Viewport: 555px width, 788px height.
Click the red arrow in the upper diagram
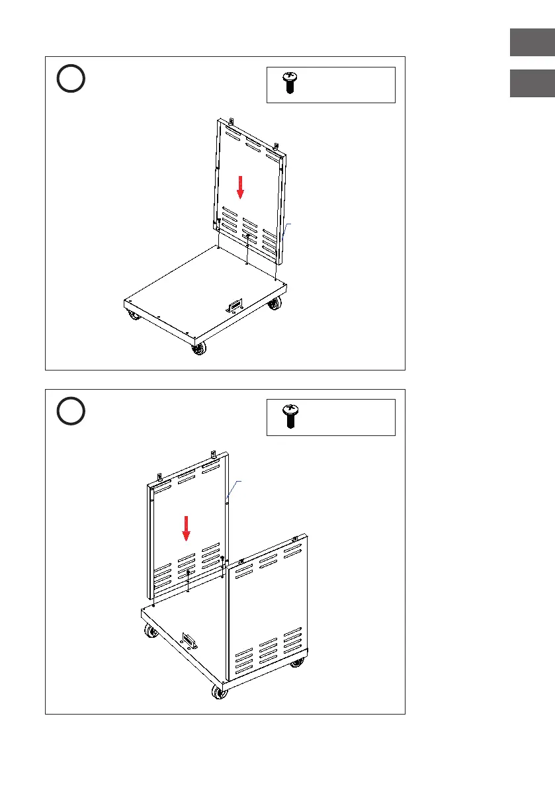point(241,186)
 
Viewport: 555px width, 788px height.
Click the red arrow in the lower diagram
point(187,527)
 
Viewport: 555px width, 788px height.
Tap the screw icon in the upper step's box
point(289,83)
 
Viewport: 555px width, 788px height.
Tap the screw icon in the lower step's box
point(289,416)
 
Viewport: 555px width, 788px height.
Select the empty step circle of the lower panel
point(70,412)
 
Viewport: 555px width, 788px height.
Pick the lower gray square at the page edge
point(532,84)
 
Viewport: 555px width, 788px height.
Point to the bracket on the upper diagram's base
point(234,306)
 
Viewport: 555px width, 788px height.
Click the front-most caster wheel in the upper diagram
point(198,349)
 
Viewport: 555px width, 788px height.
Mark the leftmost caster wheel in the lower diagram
point(151,633)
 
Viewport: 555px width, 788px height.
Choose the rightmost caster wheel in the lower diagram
point(295,664)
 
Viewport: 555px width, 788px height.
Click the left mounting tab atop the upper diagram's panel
point(231,121)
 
